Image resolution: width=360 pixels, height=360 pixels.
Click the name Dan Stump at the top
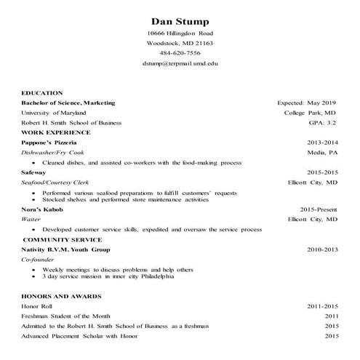click(180, 19)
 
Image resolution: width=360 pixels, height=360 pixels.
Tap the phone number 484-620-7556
click(180, 53)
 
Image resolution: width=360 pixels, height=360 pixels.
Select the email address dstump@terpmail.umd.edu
click(180, 63)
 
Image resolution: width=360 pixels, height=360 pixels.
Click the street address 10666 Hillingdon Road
click(180, 33)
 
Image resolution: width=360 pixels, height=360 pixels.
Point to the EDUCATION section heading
click(43, 93)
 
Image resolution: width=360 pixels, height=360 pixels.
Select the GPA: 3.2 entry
click(322, 124)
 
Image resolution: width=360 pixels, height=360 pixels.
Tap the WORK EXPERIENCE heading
click(56, 133)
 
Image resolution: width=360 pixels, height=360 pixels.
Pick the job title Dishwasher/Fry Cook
click(53, 153)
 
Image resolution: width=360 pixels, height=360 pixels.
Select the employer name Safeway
click(34, 172)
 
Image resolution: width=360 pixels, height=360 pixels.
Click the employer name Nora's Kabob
click(42, 209)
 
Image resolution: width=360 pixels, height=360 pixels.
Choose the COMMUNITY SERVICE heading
click(60, 239)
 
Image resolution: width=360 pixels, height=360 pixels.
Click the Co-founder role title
click(38, 259)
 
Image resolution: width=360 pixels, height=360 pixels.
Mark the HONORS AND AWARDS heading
click(61, 297)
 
